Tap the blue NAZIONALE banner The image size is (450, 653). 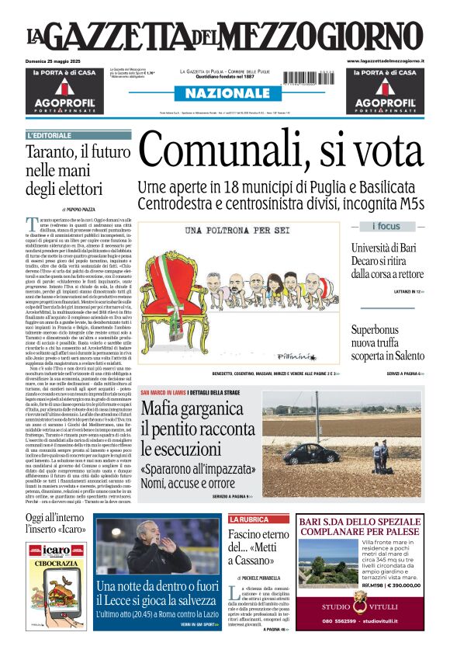pos(223,94)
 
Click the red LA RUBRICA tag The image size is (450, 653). pos(248,519)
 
